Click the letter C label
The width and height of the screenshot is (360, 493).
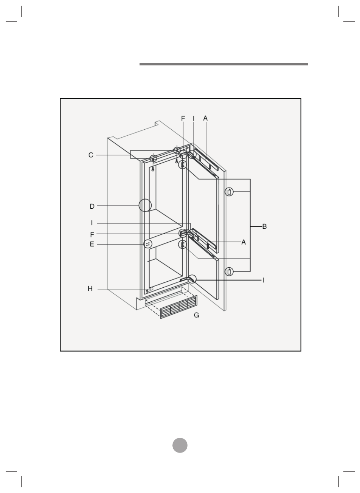(91, 155)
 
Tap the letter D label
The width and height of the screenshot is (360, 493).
(92, 206)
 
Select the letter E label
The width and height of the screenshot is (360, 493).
(92, 244)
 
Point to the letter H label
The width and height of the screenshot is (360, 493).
(90, 288)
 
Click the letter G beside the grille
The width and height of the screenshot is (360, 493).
(196, 315)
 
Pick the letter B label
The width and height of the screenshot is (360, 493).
(264, 226)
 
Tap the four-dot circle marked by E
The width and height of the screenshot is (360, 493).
(148, 244)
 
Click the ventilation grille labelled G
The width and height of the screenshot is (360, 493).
(178, 307)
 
